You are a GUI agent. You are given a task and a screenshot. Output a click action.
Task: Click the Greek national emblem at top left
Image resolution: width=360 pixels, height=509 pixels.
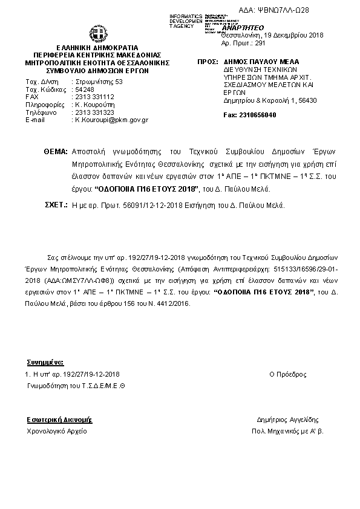pos(97,34)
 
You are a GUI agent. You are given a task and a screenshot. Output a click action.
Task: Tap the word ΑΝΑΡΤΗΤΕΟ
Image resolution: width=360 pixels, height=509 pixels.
pos(243,28)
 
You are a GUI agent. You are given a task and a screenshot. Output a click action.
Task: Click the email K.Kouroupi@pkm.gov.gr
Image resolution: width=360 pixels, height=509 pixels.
pos(111,120)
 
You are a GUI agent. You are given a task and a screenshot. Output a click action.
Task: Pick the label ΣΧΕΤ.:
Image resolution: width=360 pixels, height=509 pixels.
pos(56,206)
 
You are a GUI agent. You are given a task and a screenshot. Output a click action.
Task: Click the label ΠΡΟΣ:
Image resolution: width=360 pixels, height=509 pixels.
pos(208,62)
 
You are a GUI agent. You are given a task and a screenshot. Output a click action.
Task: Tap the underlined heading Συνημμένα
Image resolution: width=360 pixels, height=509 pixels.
pos(45,363)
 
